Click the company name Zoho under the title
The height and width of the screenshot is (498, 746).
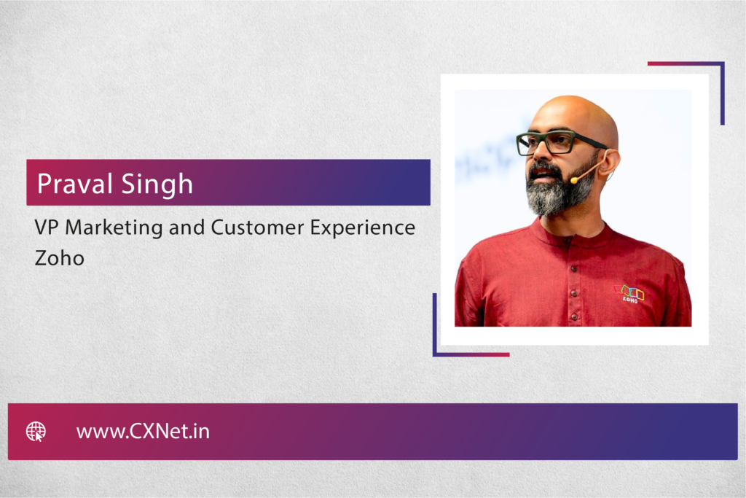pyautogui.click(x=59, y=258)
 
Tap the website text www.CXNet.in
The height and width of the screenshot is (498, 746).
pyautogui.click(x=143, y=432)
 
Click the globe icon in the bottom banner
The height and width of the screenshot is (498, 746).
pyautogui.click(x=36, y=432)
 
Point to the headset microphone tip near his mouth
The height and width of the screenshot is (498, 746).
pyautogui.click(x=575, y=180)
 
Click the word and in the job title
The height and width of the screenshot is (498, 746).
pyautogui.click(x=185, y=227)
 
